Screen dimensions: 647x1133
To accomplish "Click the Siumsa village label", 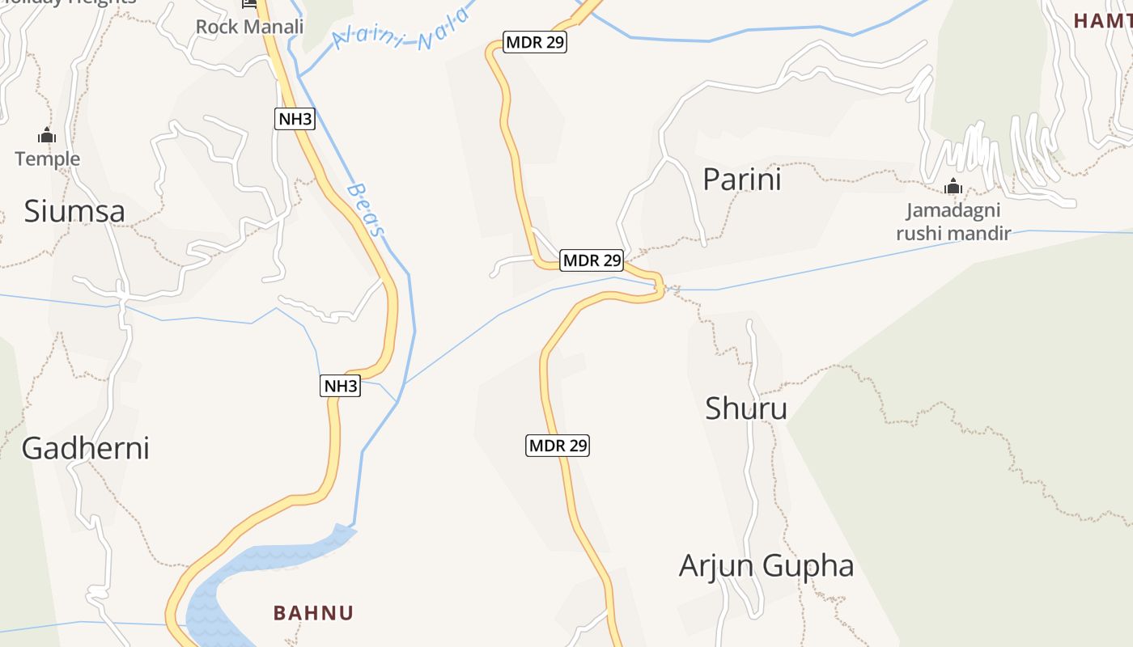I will click(x=74, y=211).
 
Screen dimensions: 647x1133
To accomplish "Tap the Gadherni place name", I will click(x=85, y=448).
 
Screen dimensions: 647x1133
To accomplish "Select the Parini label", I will click(x=741, y=180).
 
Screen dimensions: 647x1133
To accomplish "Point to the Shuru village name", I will click(x=745, y=408).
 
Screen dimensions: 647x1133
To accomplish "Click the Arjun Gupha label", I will click(x=766, y=565).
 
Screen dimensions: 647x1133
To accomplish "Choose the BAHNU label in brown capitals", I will click(x=313, y=613).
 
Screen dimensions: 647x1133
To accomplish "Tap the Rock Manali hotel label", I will click(x=249, y=27).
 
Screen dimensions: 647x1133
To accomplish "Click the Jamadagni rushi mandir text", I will click(x=953, y=222).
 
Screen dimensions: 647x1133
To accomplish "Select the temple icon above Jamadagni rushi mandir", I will click(x=953, y=187).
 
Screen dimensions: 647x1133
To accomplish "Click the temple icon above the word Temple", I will click(x=47, y=135).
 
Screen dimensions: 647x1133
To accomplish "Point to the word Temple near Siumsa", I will click(x=48, y=159).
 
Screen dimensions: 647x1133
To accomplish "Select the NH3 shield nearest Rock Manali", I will click(x=295, y=119).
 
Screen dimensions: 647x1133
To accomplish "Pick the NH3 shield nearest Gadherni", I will click(x=340, y=386).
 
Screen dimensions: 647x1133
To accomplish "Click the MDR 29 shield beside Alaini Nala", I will click(x=534, y=42).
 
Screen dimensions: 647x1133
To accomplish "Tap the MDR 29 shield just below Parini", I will click(x=592, y=260).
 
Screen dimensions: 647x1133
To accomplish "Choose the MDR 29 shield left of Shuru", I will click(x=558, y=445).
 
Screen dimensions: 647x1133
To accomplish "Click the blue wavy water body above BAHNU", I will click(x=259, y=570).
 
